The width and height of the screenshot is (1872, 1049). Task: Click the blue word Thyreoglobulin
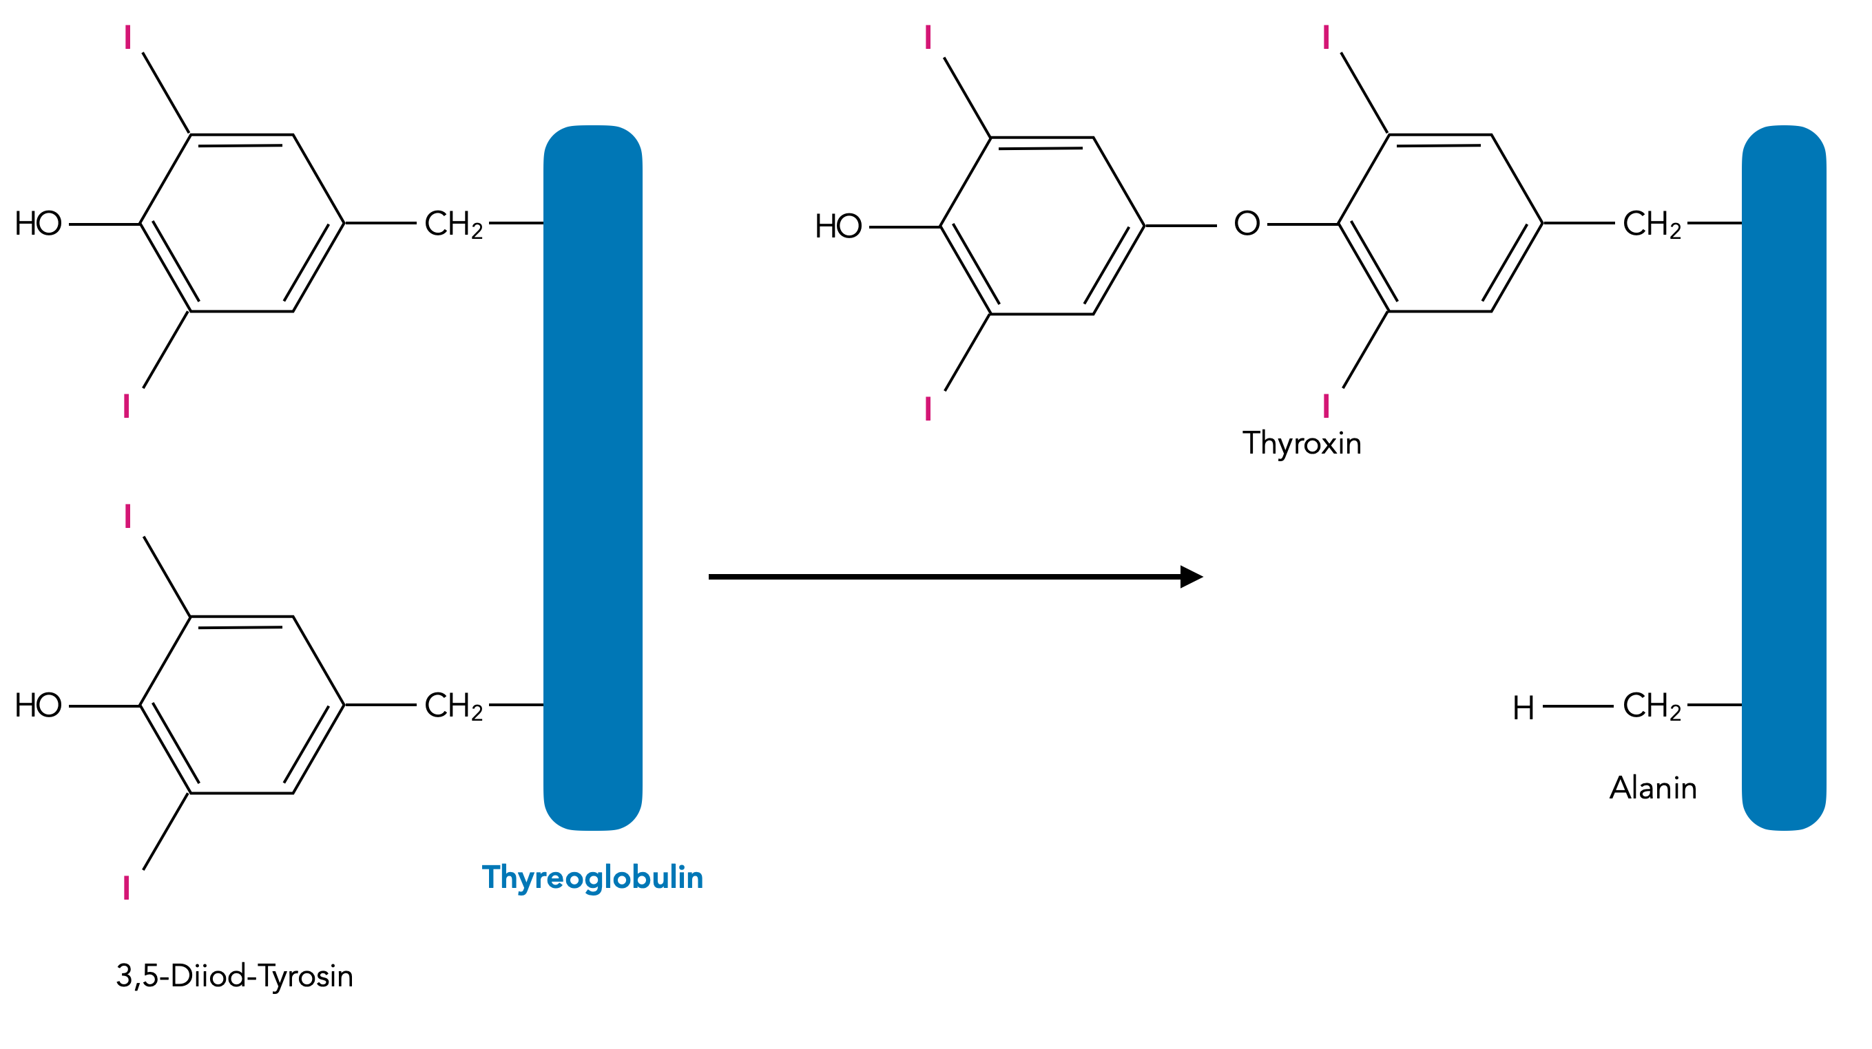pos(592,878)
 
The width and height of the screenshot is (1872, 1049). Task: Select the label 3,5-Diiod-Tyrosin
pos(234,975)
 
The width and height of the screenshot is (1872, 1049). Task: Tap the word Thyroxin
pos(1302,443)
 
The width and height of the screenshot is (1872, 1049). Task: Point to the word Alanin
pos(1652,788)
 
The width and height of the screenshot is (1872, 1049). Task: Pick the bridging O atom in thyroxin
pos(1247,224)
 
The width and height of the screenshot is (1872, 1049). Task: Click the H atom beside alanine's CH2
pos(1523,708)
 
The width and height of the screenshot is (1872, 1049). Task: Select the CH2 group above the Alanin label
pos(1651,706)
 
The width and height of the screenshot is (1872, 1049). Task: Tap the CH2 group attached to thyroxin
pos(1651,224)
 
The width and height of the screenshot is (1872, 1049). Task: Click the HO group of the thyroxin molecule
pos(838,226)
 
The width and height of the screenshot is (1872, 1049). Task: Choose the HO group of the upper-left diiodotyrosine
pos(38,224)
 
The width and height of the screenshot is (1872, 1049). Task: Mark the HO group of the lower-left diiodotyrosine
pos(38,706)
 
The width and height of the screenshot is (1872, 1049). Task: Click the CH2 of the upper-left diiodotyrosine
pos(453,224)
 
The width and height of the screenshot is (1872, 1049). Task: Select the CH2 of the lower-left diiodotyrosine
pos(453,706)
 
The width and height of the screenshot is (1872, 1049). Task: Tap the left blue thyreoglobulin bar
pos(592,477)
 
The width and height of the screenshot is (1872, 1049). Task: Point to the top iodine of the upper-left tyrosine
pos(128,37)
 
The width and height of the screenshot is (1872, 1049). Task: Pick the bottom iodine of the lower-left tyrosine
pos(127,888)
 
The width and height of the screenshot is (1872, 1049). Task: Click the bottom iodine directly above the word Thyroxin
pos(1327,405)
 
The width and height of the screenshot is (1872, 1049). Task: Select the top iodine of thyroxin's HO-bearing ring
pos(928,37)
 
